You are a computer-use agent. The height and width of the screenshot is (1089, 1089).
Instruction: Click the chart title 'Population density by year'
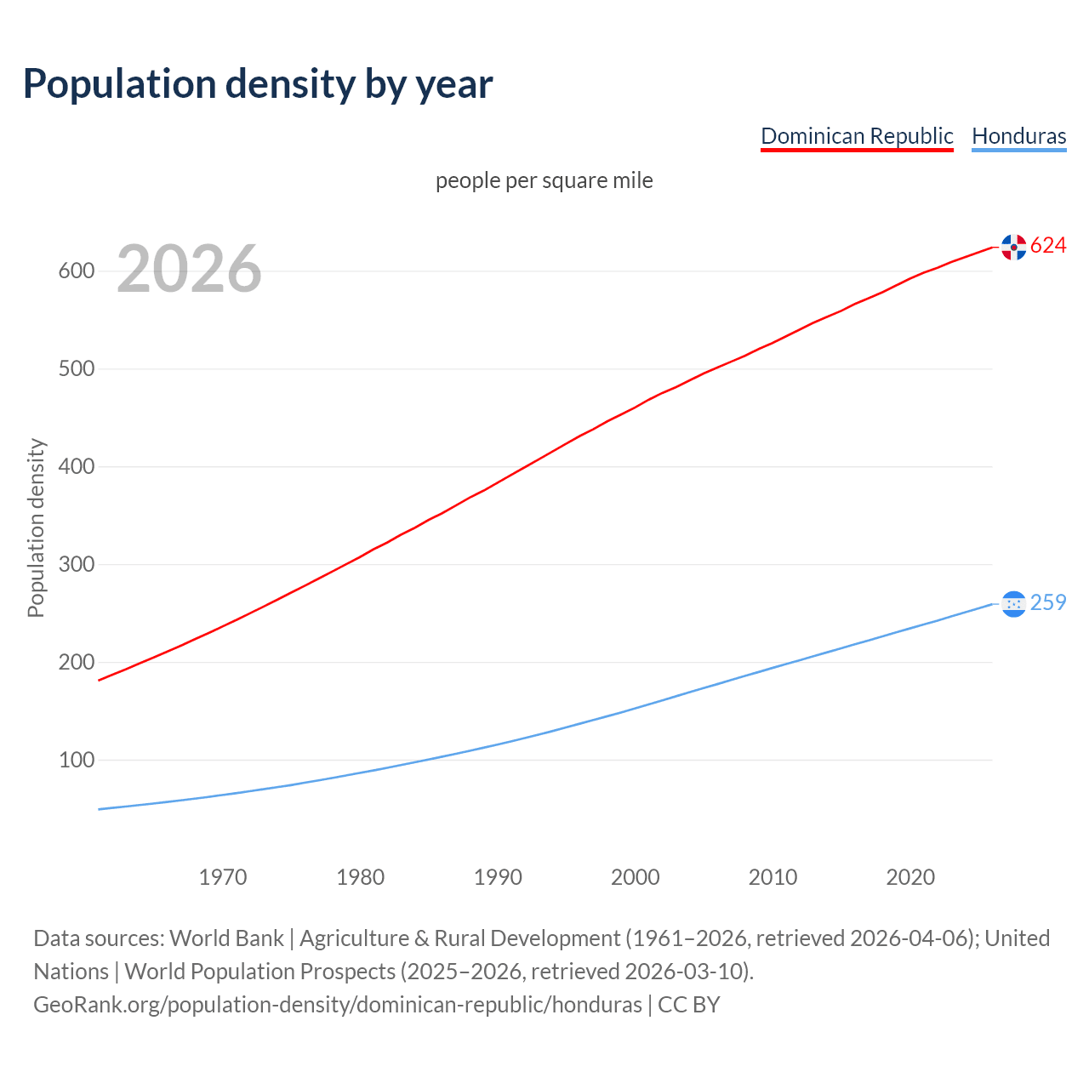coord(258,84)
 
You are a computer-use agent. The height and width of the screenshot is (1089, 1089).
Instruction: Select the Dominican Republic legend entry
coord(857,136)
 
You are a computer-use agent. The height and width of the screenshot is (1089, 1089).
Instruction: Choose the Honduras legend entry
coord(1018,136)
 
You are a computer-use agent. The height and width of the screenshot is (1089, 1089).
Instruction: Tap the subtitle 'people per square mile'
coord(544,180)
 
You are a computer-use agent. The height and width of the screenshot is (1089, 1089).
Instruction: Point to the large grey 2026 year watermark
coord(189,269)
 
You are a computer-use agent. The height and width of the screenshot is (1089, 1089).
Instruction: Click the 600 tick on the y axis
coord(76,271)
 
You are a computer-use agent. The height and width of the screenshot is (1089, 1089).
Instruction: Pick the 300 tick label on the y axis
coord(76,565)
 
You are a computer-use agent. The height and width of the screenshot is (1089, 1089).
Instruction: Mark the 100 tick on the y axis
coord(76,760)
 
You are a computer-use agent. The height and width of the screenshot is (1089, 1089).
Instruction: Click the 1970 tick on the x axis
coord(223,877)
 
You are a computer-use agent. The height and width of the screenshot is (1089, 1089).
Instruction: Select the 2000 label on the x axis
coord(636,877)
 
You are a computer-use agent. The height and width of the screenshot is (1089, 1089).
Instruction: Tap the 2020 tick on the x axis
coord(910,877)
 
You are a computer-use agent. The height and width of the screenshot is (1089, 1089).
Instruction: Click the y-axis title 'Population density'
coord(36,527)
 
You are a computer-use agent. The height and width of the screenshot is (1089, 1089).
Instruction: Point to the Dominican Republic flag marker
coord(1013,247)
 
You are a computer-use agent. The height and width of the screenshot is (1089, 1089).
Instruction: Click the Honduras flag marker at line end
coord(1013,604)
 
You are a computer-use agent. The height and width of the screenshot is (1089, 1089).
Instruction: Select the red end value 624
coord(1048,246)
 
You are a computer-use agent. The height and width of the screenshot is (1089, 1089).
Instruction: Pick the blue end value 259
coord(1048,603)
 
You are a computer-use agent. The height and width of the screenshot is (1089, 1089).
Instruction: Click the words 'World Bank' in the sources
coord(226,938)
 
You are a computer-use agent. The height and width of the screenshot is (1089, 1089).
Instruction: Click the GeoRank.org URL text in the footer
coord(337,1005)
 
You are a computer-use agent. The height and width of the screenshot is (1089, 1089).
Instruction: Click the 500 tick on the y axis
coord(76,369)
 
